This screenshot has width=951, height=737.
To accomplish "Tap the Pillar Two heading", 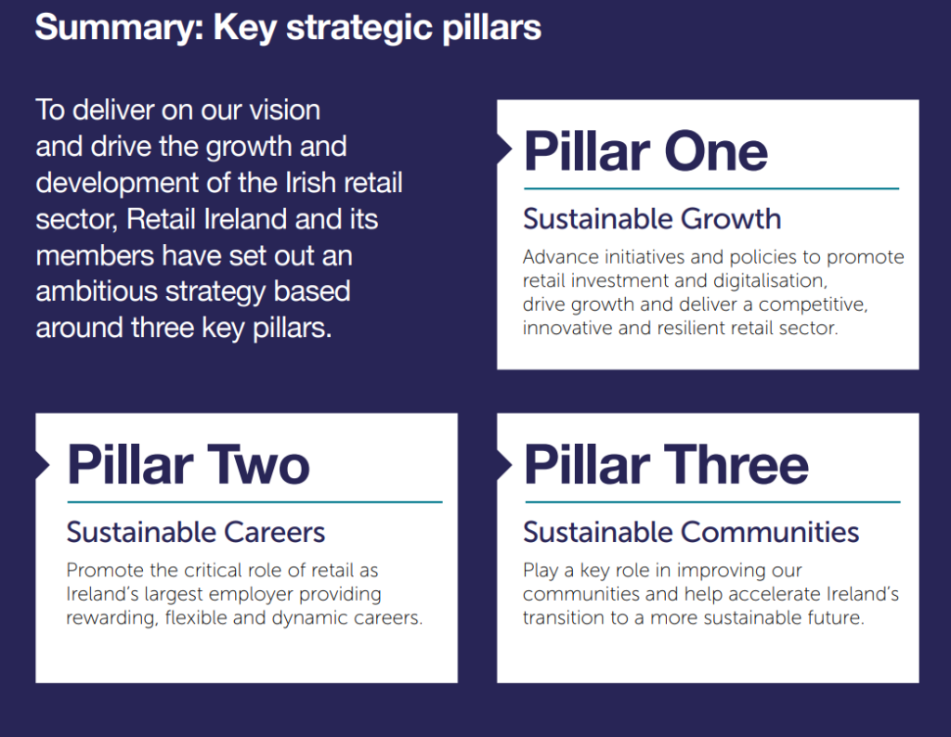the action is [x=189, y=464].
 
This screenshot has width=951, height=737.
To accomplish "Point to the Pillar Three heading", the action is [x=666, y=464].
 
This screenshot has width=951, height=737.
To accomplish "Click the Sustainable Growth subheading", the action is [x=652, y=219].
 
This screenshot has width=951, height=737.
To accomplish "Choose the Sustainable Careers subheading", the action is [x=196, y=532].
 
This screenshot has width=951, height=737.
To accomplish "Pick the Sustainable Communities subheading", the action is [x=691, y=532].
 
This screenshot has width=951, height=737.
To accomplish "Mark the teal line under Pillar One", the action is [x=711, y=188].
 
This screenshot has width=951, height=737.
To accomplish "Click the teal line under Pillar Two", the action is [x=254, y=502].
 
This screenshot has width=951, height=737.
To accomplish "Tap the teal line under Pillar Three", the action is [x=712, y=502].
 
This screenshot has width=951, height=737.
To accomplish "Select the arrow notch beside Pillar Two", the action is [x=43, y=465].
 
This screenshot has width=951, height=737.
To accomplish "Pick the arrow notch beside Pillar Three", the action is [x=504, y=465].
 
